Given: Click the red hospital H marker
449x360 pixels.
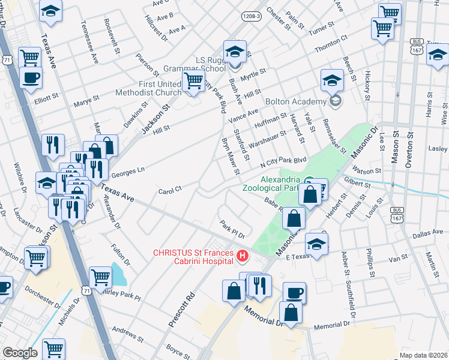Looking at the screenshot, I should (243, 257).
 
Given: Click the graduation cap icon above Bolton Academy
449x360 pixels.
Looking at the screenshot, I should (332, 80).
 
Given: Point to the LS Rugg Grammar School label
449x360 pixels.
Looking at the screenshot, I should (202, 64).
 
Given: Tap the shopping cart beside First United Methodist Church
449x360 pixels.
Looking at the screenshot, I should (193, 80).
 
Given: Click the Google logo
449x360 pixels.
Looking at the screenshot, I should (20, 353).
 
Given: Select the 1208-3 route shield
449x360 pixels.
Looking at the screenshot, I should (251, 16).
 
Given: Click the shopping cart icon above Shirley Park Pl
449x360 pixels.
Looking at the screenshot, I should (100, 277).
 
